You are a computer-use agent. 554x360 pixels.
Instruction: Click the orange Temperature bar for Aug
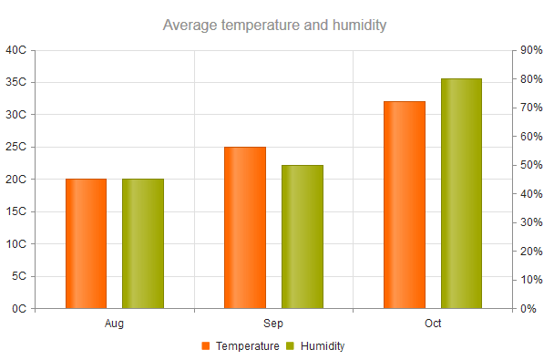(x=86, y=243)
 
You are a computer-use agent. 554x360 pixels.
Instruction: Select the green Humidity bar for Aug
(x=142, y=243)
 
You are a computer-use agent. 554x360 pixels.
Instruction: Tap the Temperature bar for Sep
(x=245, y=228)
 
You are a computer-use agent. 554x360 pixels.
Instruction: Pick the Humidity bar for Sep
(x=302, y=237)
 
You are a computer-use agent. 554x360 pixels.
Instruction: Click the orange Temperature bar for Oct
(x=405, y=205)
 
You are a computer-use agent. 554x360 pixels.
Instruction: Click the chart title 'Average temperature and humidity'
(x=274, y=25)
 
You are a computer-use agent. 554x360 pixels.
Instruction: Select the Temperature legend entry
(x=240, y=346)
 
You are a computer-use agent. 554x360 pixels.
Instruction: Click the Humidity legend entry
(x=315, y=346)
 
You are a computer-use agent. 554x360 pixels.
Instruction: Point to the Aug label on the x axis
(x=114, y=324)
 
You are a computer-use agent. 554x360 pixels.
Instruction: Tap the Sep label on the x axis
(x=273, y=324)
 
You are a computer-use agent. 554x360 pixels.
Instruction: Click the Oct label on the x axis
(x=433, y=324)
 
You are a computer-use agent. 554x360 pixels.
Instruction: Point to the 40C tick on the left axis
(x=15, y=50)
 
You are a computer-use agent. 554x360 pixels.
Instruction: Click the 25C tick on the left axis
(x=15, y=147)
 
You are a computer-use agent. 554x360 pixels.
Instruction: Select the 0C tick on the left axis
(x=18, y=309)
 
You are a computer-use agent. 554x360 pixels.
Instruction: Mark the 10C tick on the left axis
(x=15, y=244)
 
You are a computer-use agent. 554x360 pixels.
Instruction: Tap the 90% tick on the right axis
(x=531, y=50)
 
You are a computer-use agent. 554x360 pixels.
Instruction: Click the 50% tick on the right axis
(x=531, y=165)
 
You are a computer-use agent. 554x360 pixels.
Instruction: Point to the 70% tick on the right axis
(x=531, y=108)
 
